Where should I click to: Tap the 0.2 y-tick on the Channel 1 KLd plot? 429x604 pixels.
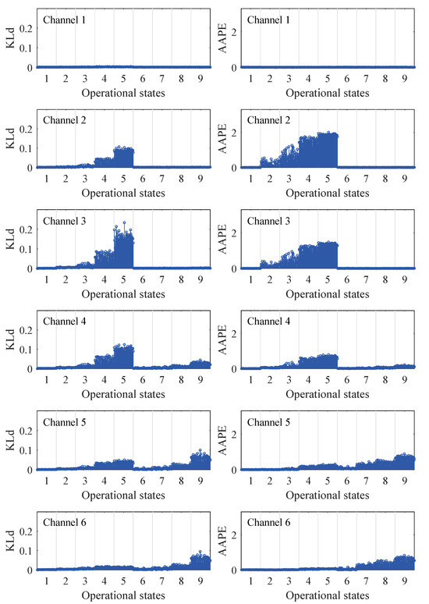click(25, 28)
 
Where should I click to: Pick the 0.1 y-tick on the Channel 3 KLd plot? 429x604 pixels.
click(25, 249)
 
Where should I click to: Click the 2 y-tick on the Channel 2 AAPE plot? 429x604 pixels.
click(232, 129)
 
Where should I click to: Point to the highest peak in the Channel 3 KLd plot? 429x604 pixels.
click(123, 223)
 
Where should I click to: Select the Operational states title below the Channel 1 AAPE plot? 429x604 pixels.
click(327, 91)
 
